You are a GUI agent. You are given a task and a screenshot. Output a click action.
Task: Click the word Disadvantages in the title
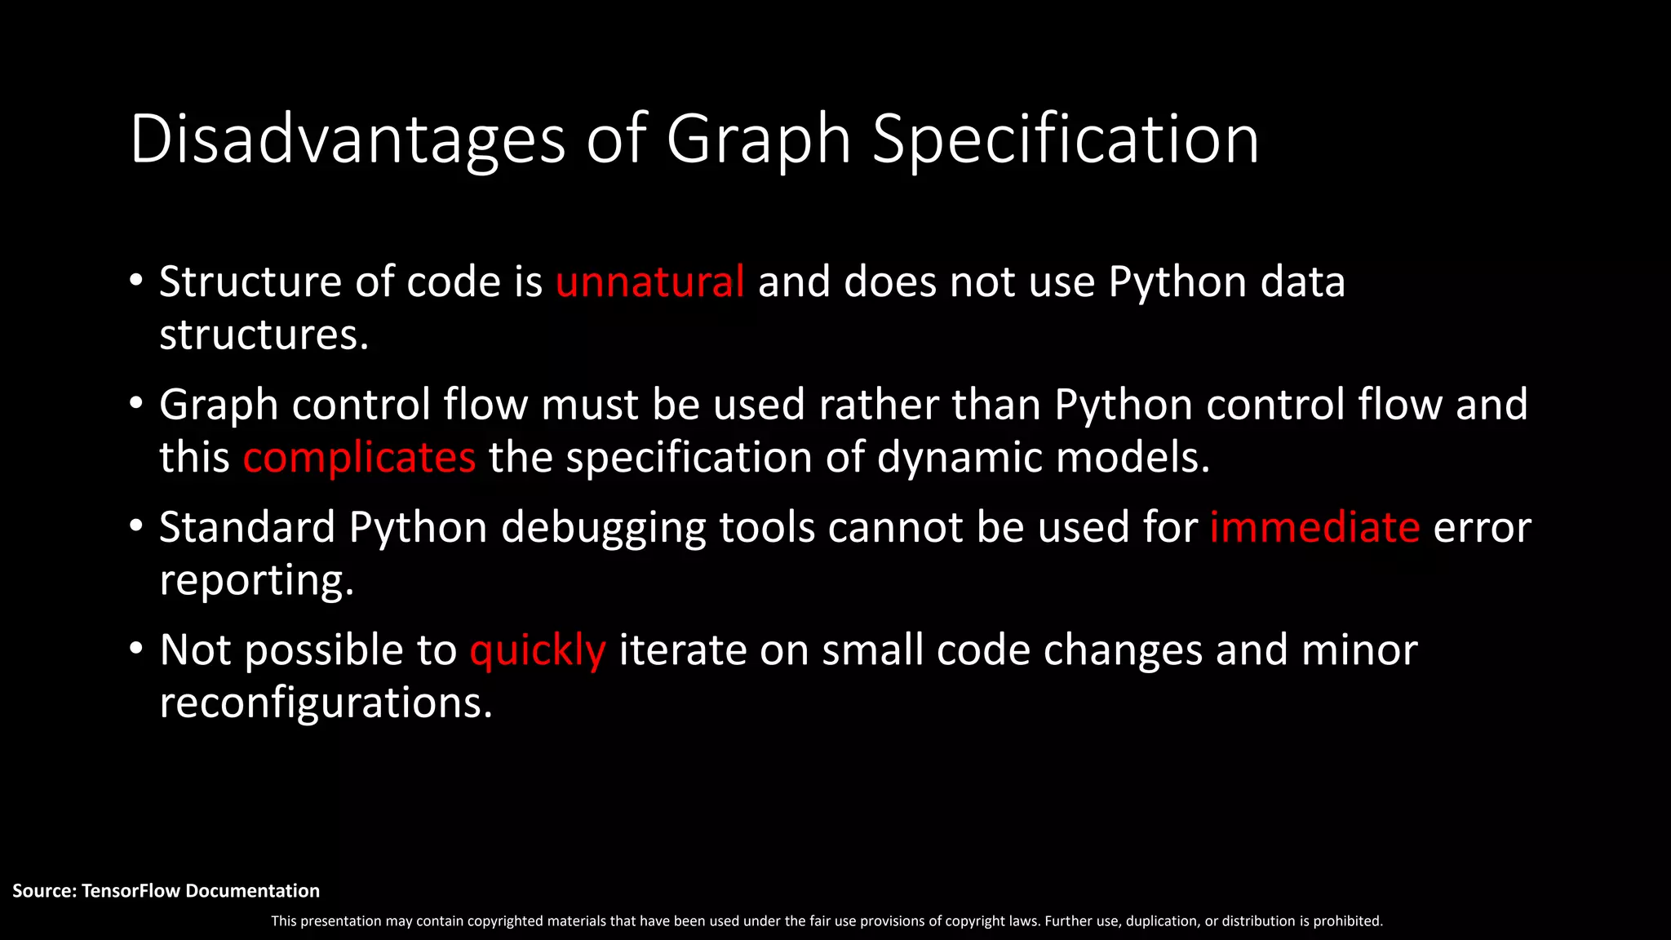point(347,140)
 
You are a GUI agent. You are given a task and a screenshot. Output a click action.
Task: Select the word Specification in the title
point(1066,140)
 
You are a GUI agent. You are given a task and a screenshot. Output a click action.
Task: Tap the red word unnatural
point(649,282)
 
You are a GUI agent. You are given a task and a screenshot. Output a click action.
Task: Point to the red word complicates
point(359,458)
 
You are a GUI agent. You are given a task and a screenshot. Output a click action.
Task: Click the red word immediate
point(1314,527)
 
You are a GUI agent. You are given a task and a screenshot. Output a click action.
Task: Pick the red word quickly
point(538,651)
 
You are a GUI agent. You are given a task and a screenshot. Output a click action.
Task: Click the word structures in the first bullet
point(264,335)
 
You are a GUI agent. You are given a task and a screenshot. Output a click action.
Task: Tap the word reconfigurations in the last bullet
point(326,703)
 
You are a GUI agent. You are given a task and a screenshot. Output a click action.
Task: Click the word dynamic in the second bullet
point(960,458)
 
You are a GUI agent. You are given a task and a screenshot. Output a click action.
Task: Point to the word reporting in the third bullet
point(256,582)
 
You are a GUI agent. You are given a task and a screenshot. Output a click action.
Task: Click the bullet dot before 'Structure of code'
point(136,281)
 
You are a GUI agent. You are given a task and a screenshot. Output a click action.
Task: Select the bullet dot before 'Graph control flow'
point(136,404)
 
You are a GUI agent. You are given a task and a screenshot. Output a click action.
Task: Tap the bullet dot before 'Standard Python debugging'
point(136,526)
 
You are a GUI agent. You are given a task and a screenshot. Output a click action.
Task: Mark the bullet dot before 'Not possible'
point(136,650)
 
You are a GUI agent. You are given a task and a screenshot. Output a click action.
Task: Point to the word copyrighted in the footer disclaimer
point(505,921)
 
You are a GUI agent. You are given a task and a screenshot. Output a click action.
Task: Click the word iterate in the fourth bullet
point(682,650)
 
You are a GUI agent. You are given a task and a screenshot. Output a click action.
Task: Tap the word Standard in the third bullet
point(247,527)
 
